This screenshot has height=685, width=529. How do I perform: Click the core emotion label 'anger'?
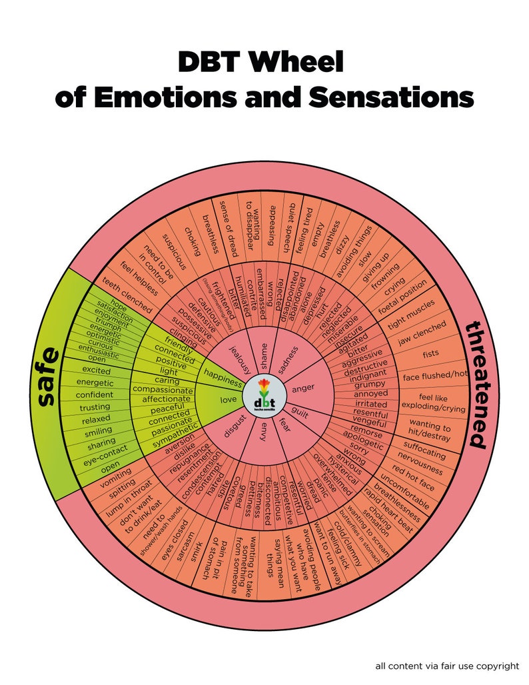(303, 387)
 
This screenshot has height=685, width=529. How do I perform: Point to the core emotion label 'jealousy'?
(239, 359)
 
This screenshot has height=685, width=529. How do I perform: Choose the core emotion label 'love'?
(228, 400)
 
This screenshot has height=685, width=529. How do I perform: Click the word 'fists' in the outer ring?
(430, 354)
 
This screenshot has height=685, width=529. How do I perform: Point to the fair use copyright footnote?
(447, 665)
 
